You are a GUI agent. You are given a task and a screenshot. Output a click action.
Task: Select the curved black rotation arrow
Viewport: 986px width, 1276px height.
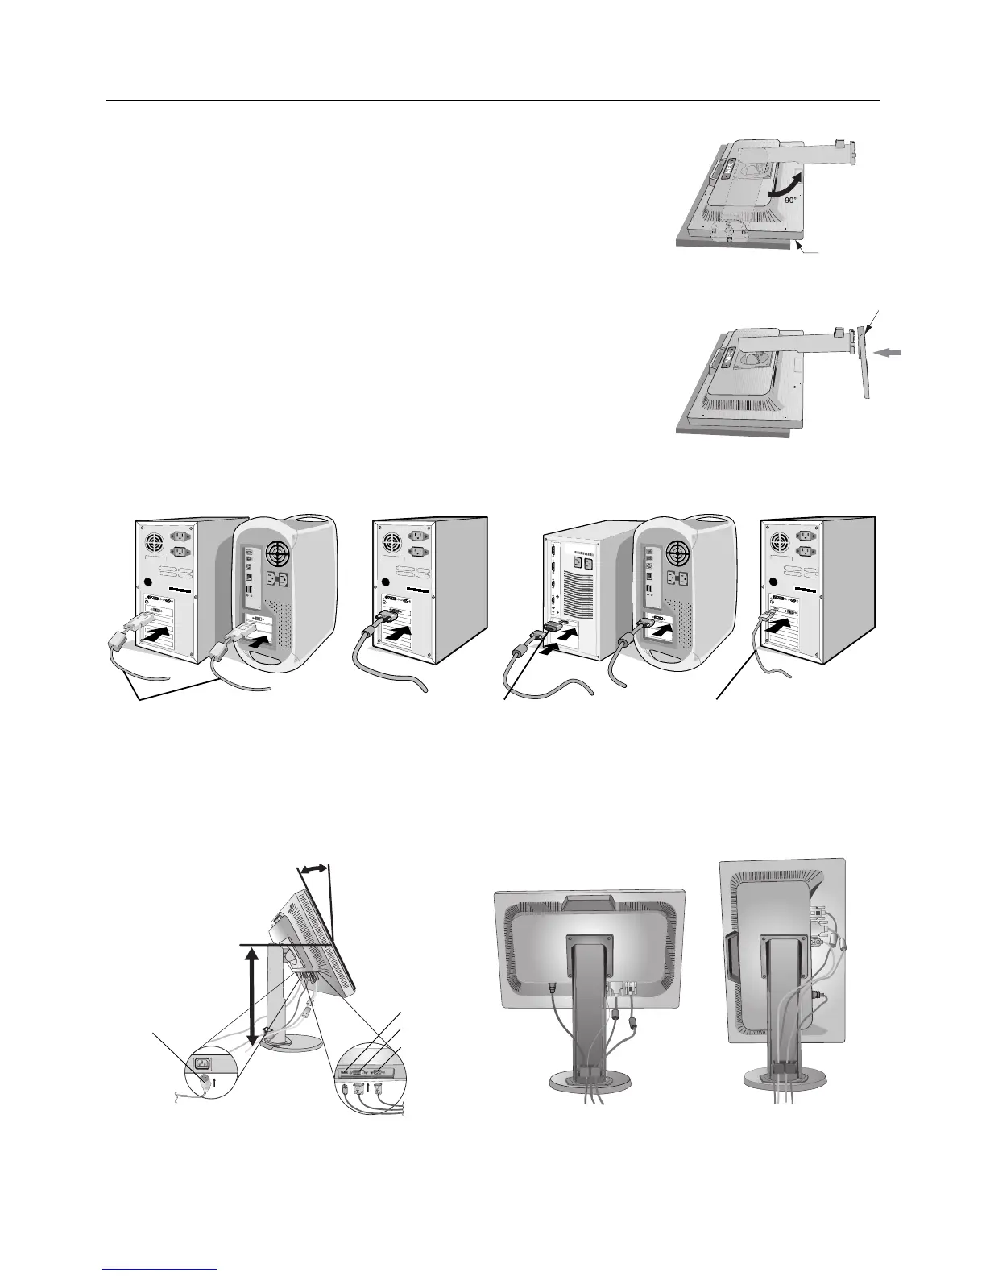[x=785, y=182]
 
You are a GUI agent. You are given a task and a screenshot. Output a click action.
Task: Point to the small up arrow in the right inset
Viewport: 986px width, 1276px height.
[x=368, y=1085]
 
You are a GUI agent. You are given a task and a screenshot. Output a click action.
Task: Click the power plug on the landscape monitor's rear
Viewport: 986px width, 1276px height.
[x=552, y=985]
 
